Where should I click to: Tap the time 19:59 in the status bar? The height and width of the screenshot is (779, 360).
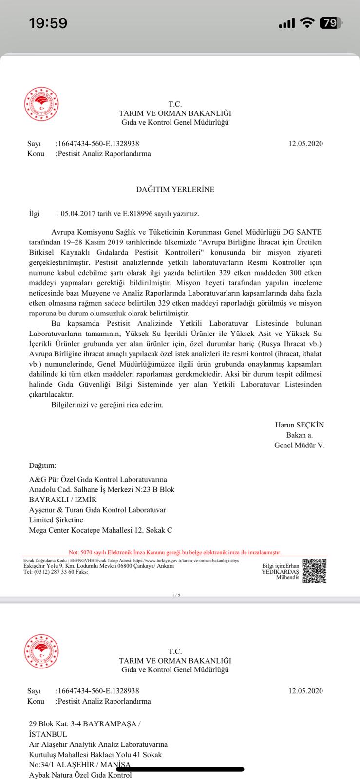coord(48,23)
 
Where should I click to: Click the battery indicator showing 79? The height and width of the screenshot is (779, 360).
coord(330,23)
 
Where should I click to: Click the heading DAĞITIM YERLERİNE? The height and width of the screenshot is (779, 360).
coord(175,189)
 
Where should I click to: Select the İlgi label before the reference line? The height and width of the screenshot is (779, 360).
coord(34,213)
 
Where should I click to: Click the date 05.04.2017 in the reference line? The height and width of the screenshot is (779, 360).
coord(74,213)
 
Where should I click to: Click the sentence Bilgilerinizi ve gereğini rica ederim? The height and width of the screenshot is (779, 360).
coord(107,405)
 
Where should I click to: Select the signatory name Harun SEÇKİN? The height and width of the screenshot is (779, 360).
coord(300,425)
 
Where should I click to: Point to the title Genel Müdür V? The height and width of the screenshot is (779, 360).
coord(299,445)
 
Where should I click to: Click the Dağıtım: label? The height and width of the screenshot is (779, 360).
coord(43,466)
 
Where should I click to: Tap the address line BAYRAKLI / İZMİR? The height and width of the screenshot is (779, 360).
coord(63,500)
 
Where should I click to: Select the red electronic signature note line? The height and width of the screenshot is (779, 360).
coord(175,552)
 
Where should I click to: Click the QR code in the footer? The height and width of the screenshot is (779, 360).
coord(314,571)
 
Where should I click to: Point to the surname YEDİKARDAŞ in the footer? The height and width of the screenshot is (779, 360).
coord(280,572)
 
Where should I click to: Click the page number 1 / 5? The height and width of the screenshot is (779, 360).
coord(176,595)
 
